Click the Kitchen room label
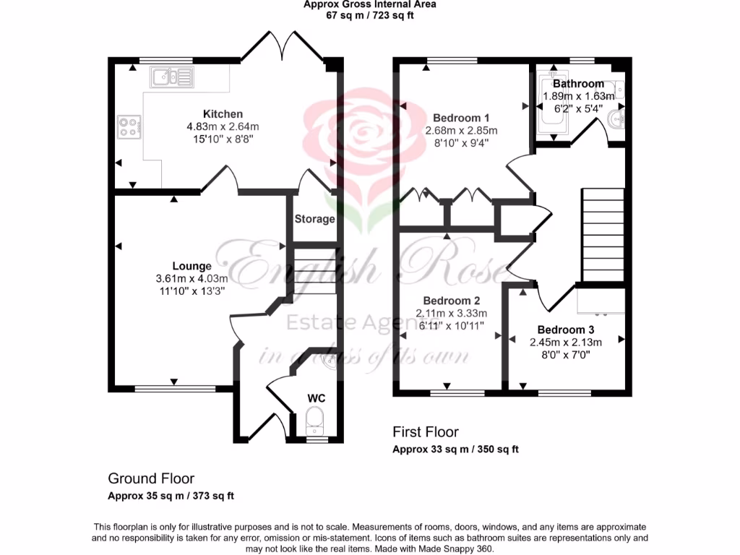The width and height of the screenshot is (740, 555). (x=223, y=113)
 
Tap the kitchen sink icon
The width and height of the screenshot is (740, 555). (x=171, y=76)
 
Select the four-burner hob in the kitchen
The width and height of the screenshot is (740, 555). (x=129, y=127)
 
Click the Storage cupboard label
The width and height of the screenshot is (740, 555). (x=314, y=219)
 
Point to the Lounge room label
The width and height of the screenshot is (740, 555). (x=192, y=266)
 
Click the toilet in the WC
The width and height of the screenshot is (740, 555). (x=315, y=418)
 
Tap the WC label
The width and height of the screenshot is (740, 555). (x=317, y=398)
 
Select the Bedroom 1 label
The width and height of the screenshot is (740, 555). (x=461, y=118)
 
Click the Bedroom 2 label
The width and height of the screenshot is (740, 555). (x=451, y=301)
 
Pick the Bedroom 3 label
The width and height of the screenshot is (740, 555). (x=565, y=330)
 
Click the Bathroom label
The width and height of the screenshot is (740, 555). (x=578, y=84)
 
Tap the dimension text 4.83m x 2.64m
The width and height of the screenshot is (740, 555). (x=223, y=126)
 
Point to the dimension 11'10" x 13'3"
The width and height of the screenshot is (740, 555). (x=192, y=291)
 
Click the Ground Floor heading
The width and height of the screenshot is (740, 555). (x=151, y=478)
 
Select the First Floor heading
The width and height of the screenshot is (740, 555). (x=426, y=432)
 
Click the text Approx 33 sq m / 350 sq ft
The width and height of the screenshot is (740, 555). (x=455, y=449)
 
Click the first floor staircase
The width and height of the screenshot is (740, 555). (x=603, y=235)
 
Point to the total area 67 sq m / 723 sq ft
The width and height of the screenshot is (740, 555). (x=369, y=14)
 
